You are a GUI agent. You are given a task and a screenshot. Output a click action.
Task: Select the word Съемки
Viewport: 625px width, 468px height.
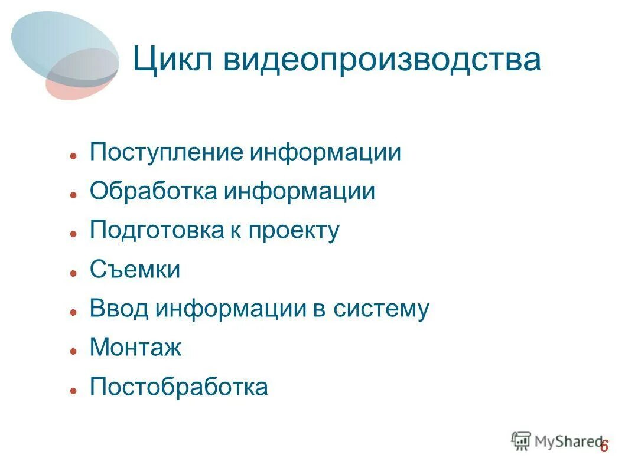[135, 270]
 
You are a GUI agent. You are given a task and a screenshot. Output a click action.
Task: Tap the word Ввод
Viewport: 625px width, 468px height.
[119, 309]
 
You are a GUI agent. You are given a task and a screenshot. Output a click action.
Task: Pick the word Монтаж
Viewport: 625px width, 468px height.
[135, 348]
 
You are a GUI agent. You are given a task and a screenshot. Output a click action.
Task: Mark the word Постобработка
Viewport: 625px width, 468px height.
[179, 387]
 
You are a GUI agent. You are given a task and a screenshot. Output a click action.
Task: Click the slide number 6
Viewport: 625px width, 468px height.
[604, 447]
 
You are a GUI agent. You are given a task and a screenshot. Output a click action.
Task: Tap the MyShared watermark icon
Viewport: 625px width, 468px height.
[521, 441]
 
